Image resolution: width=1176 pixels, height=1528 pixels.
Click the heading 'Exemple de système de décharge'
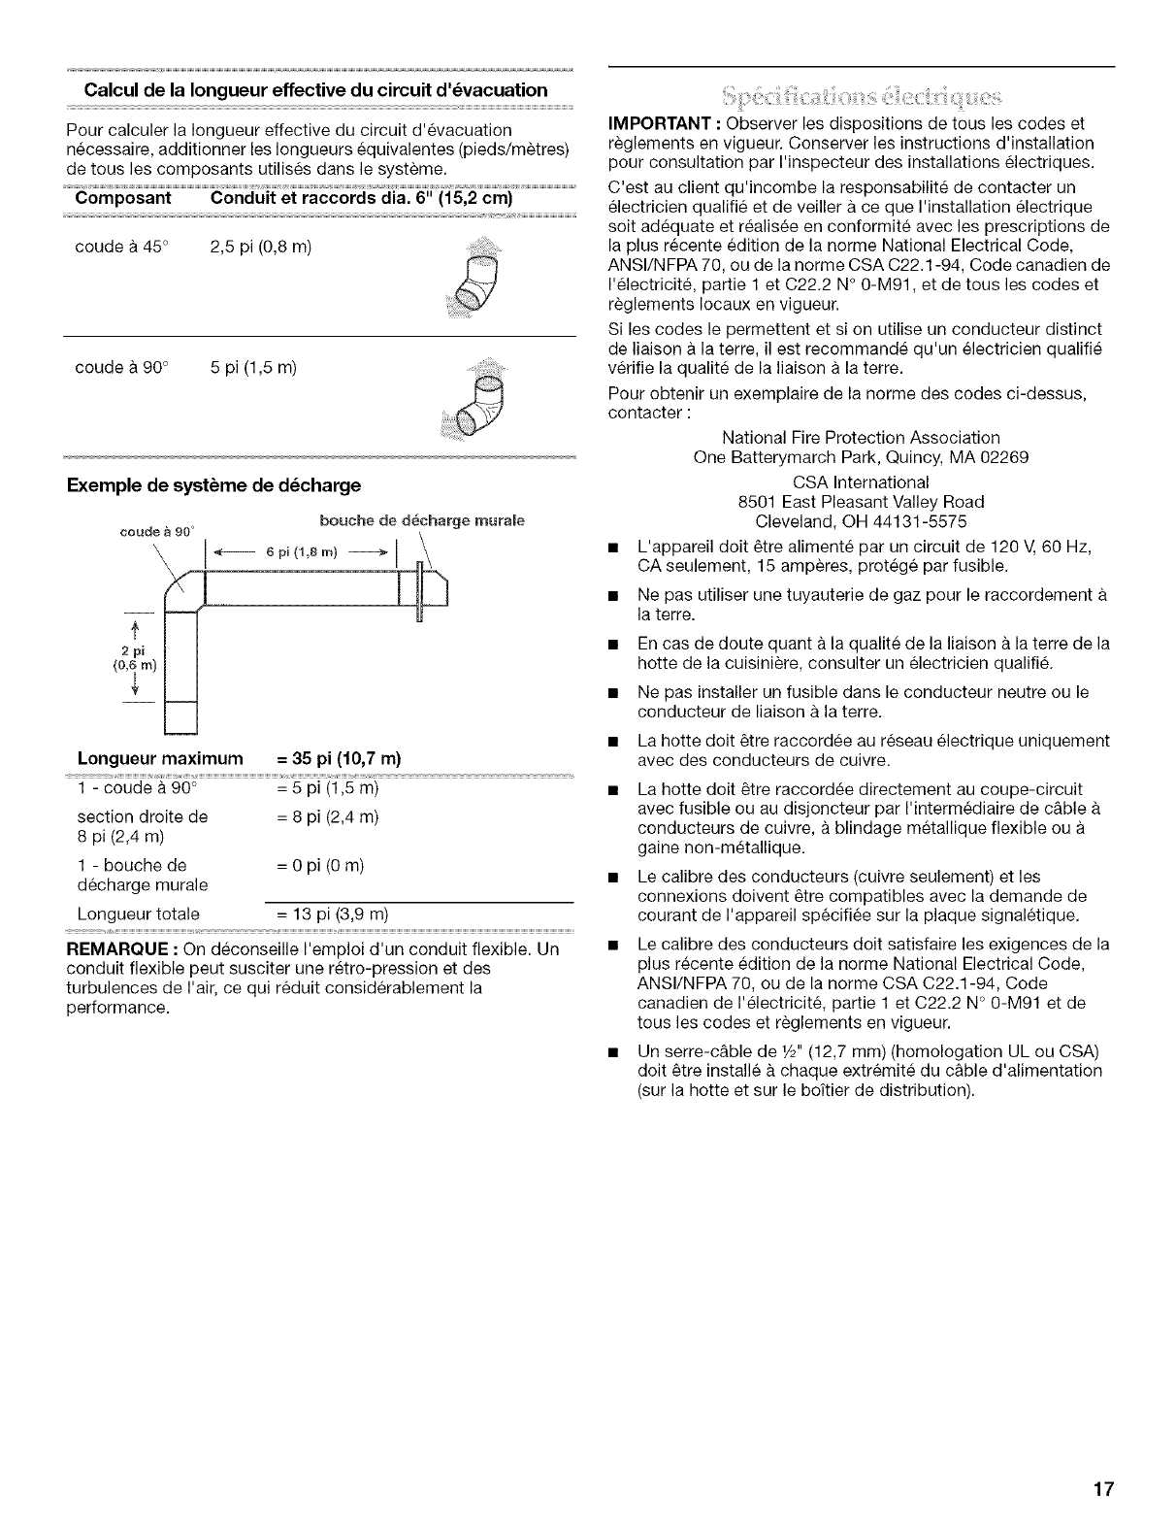(x=213, y=484)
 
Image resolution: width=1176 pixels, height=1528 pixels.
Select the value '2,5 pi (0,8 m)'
(x=260, y=246)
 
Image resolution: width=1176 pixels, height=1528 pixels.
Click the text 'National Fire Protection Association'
(x=862, y=437)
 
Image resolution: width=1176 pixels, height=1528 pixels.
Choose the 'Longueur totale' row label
(x=138, y=913)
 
